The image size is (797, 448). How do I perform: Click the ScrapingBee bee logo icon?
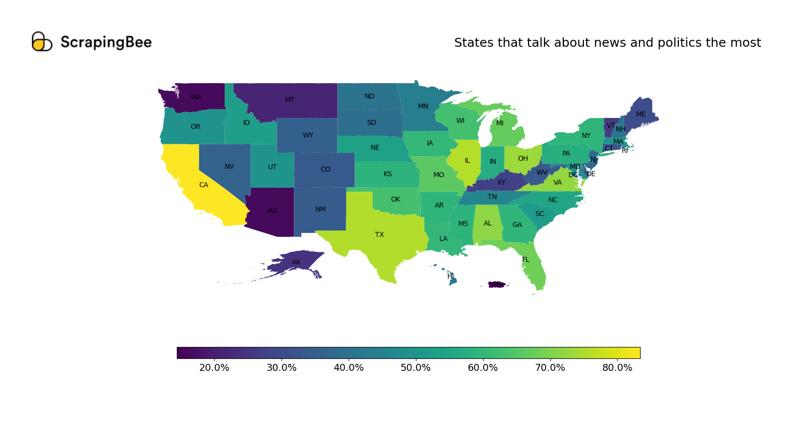[x=41, y=42]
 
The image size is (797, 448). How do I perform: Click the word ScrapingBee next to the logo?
[x=106, y=42]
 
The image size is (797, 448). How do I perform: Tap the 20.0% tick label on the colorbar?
[x=214, y=368]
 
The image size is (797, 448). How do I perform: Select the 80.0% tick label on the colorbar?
[x=617, y=368]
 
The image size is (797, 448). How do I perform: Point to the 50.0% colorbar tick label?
[x=415, y=368]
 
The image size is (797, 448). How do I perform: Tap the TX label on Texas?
[x=380, y=234]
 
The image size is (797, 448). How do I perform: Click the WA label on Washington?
[x=196, y=97]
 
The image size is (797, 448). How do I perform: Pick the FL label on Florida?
[x=526, y=259]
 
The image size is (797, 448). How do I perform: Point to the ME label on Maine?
[x=641, y=114]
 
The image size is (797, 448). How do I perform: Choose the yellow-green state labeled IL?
[x=467, y=160]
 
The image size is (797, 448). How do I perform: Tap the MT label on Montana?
[x=289, y=100]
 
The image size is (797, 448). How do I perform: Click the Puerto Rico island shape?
[x=497, y=285]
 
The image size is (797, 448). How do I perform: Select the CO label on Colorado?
[x=325, y=169]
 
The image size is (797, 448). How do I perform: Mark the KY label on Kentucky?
[x=501, y=182]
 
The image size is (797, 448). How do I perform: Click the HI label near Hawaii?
[x=450, y=276]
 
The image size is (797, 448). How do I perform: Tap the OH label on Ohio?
[x=523, y=158]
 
